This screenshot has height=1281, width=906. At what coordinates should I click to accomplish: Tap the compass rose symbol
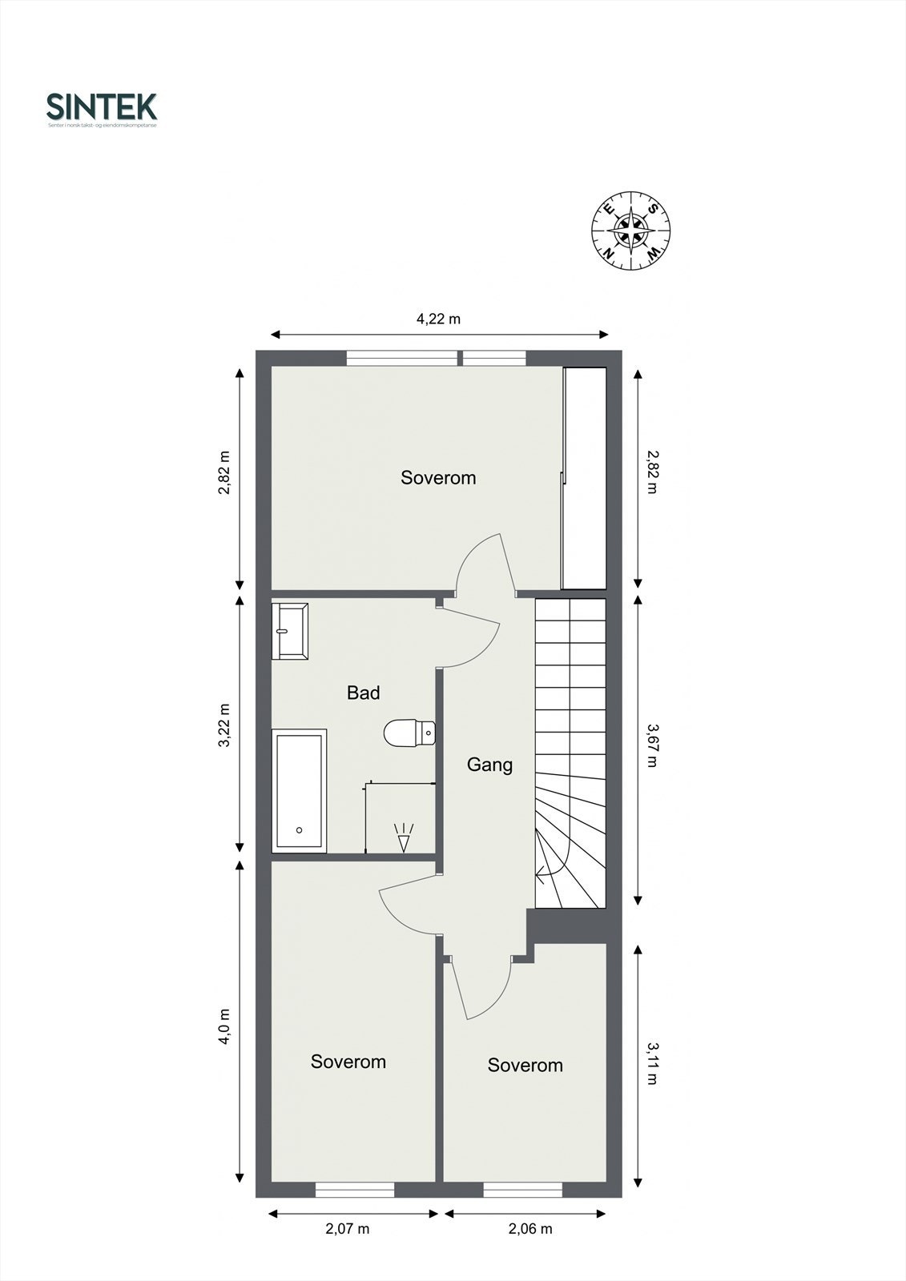pos(631,231)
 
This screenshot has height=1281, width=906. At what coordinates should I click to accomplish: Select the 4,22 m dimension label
pos(438,319)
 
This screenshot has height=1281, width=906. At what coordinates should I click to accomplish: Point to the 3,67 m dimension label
pos(650,745)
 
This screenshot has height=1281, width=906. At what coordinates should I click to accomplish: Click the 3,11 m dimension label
pos(650,1062)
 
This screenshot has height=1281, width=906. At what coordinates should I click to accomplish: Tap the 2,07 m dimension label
pos(347,1229)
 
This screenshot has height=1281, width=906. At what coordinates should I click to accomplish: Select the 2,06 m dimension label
pos(530,1229)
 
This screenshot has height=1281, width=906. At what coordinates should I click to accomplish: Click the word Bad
pos(363,693)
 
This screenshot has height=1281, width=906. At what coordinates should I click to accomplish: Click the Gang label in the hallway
pos(489,765)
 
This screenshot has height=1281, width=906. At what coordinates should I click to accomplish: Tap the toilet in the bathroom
pos(409,733)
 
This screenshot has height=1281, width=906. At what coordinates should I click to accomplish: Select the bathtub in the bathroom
pos(300,791)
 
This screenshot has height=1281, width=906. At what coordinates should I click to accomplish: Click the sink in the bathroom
pos(290,631)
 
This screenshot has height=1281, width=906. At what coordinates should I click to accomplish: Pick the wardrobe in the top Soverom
pos(584,478)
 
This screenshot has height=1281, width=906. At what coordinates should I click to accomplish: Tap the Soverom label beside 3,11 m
pos(525,1065)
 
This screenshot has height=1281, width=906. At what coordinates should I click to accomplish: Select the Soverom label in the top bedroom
pos(438,478)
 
